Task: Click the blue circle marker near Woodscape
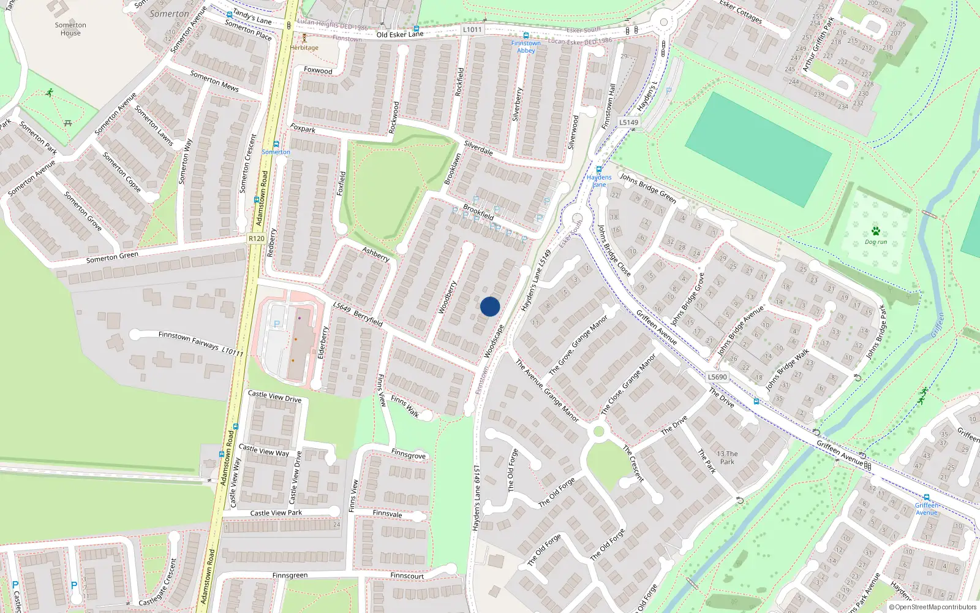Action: click(490, 306)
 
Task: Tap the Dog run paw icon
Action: click(876, 231)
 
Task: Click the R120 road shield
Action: click(257, 238)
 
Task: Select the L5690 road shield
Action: click(717, 377)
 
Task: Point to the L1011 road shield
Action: click(472, 29)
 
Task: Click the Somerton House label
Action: click(70, 29)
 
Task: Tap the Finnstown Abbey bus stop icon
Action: click(526, 36)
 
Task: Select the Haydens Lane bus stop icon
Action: click(599, 169)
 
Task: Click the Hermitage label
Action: click(304, 47)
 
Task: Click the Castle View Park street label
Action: click(276, 512)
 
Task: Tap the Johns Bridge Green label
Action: click(648, 188)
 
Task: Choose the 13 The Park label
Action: click(727, 458)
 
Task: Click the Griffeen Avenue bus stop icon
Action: click(927, 498)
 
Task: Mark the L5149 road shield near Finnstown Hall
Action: click(628, 122)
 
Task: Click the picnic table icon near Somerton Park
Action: click(68, 123)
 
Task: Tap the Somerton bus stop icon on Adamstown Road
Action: click(276, 144)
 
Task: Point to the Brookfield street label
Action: click(478, 212)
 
